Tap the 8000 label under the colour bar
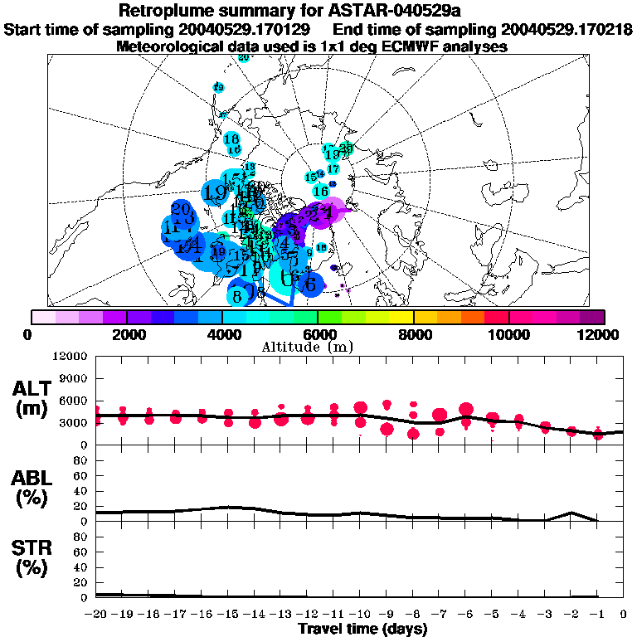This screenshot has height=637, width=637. coord(413,334)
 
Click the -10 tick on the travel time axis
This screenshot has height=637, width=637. coord(359,615)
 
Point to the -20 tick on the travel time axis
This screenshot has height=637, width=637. coord(96,615)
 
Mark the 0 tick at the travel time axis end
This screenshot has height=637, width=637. coord(624,615)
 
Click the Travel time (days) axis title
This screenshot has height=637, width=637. coord(362,629)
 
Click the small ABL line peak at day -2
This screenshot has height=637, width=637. coord(571,513)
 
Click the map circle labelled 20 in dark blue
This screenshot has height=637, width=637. coord(181,209)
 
